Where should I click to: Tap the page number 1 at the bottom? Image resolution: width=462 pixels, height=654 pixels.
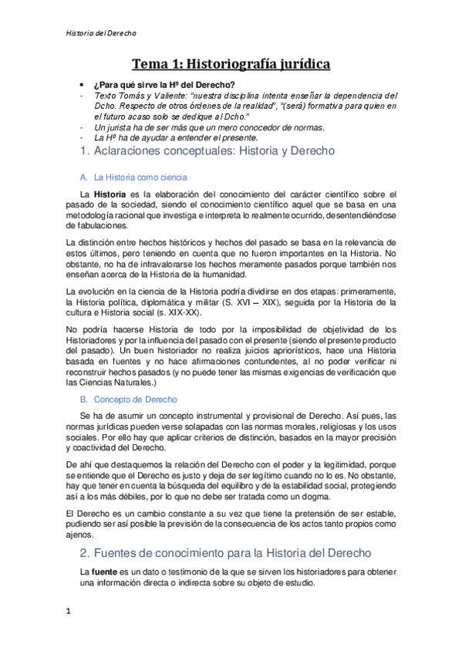68,612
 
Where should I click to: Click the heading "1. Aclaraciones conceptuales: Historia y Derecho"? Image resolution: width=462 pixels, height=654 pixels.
207,151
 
